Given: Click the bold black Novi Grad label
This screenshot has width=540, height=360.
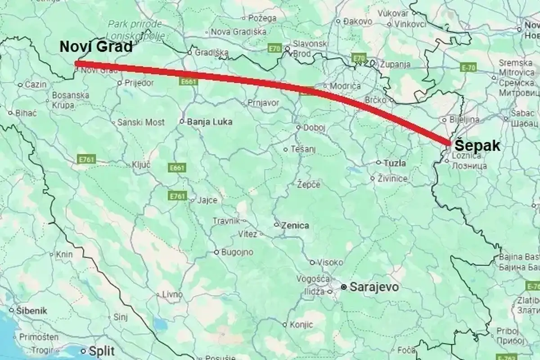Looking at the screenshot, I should (96, 47).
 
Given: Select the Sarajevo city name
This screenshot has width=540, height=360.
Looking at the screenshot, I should (374, 287).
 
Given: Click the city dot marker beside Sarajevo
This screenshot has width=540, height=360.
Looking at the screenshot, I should (344, 287).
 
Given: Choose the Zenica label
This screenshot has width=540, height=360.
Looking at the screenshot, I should (295, 225).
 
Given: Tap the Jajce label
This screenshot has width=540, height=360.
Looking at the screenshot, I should (208, 200).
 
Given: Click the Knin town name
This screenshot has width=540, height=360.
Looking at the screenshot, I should (64, 255).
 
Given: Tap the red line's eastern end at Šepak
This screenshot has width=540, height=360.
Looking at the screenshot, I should (449, 143).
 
